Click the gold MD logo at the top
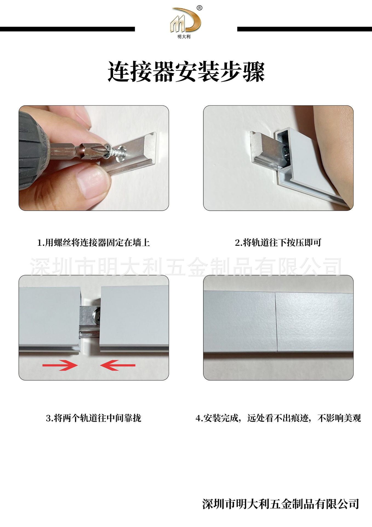click(185, 20)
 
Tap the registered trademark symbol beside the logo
click(200, 8)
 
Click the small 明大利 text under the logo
click(184, 37)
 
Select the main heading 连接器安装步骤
click(186, 72)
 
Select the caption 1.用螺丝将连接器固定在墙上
click(94, 243)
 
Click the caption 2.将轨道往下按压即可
click(278, 243)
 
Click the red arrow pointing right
click(60, 365)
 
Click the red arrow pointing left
click(118, 365)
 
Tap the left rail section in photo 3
click(49, 318)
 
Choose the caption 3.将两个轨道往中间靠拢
click(93, 418)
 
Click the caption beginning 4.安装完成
click(278, 418)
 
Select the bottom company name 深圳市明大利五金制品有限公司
click(281, 504)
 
